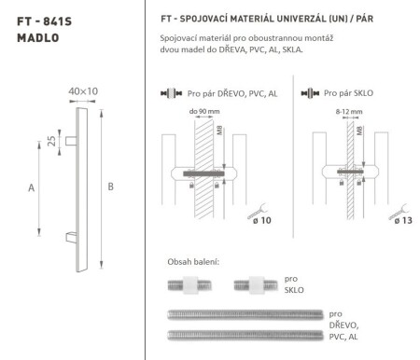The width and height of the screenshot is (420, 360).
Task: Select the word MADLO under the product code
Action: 36,38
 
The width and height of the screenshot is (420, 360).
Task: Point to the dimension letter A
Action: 31,187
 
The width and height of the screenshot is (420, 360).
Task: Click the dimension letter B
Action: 111,187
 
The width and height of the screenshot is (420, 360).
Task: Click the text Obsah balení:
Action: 192,261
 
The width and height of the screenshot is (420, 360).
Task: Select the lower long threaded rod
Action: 245,333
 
